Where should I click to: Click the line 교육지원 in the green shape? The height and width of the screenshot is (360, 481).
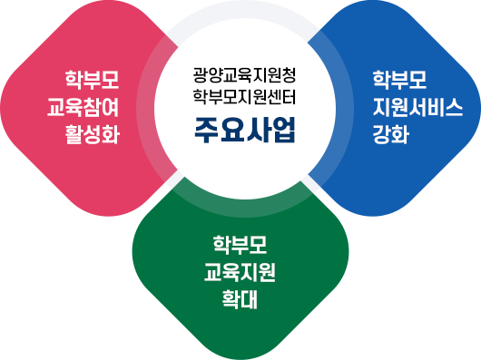(241, 270)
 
